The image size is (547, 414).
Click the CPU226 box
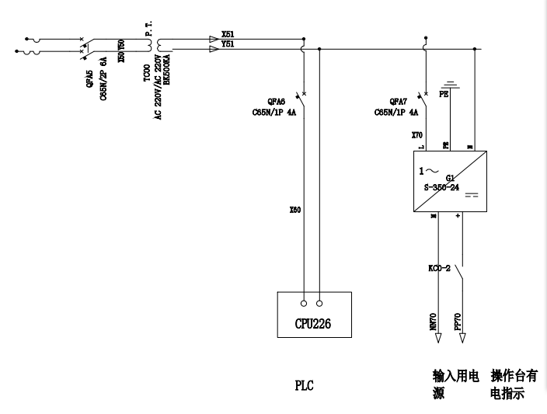(x=314, y=314)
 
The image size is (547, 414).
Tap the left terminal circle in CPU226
(x=304, y=303)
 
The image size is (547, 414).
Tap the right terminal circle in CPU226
(x=321, y=303)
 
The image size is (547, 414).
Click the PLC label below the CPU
(x=304, y=384)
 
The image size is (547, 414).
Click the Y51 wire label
(x=227, y=44)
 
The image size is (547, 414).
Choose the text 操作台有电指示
(x=514, y=384)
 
